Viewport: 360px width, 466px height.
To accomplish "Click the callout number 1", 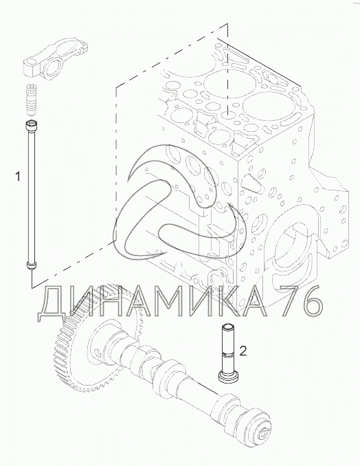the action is coord(18,177).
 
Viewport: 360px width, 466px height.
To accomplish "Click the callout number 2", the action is coord(243,351).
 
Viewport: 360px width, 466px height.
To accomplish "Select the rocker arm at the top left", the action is coord(55,58).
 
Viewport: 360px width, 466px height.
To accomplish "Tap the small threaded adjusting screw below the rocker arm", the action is coord(31,100).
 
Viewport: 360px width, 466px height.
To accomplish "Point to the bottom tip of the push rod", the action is coord(31,267).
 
